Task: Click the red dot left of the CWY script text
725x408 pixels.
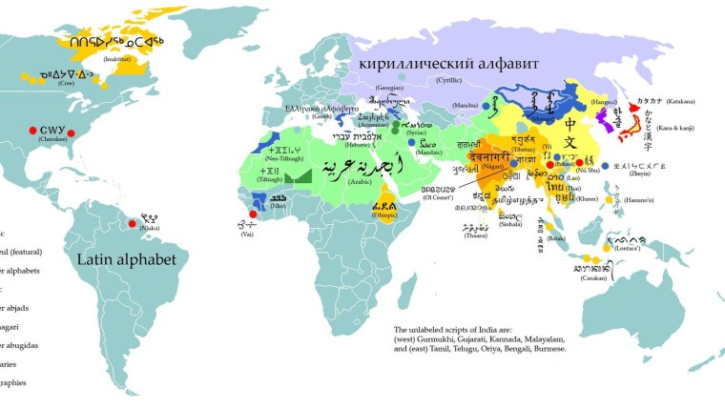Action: click(32, 129)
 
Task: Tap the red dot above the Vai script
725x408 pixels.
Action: click(252, 214)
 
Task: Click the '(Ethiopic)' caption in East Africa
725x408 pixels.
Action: click(383, 216)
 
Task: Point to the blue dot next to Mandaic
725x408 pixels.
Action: click(414, 144)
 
